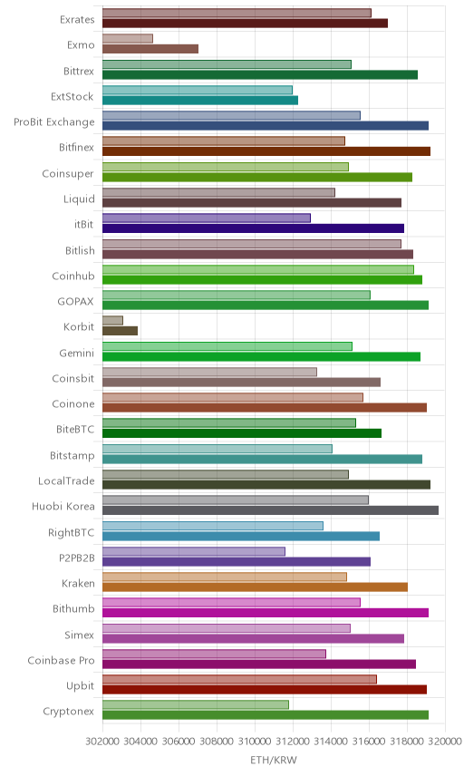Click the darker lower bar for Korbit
(x=121, y=331)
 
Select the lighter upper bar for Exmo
(x=128, y=39)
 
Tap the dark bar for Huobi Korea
(x=271, y=510)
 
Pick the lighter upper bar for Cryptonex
(x=196, y=704)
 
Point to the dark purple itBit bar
(x=253, y=228)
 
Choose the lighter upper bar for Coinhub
(x=258, y=269)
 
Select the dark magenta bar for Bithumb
(x=266, y=613)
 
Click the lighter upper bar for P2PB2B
(x=194, y=551)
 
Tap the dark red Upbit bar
(x=265, y=689)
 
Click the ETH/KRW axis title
(x=274, y=761)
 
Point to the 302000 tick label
(x=103, y=742)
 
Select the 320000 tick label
(x=444, y=742)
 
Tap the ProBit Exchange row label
(x=53, y=122)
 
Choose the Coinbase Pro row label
(x=61, y=660)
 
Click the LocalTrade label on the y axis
(x=66, y=481)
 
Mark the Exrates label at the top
(x=77, y=20)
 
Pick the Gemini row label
(x=77, y=353)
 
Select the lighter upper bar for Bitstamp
(x=217, y=449)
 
